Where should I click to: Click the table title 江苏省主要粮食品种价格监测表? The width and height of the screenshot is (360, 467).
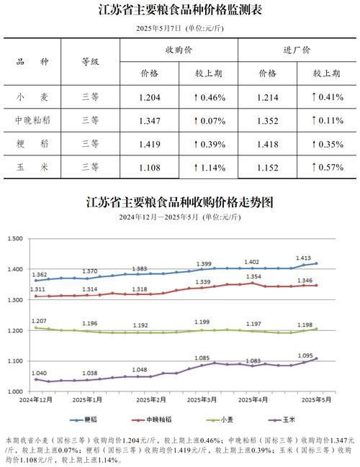tap(180, 11)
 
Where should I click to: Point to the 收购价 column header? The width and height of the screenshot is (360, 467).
tap(179, 50)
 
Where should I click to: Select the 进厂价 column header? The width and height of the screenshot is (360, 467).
tap(297, 50)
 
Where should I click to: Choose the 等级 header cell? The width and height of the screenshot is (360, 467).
tap(90, 63)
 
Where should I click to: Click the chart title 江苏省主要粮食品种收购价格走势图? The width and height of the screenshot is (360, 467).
tap(180, 201)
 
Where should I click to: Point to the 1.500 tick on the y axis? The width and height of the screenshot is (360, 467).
tap(16, 239)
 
